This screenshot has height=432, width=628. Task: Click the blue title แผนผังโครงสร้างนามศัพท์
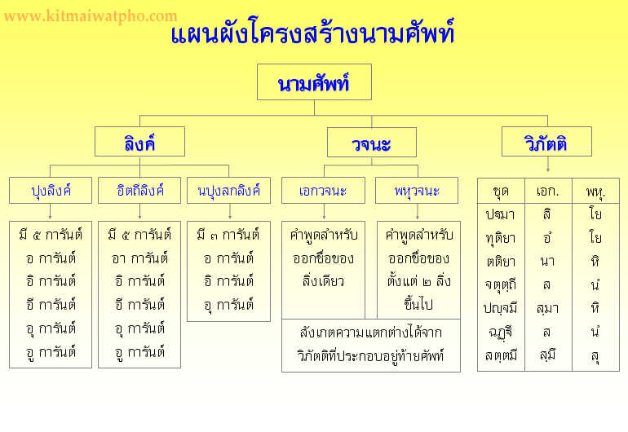(313, 32)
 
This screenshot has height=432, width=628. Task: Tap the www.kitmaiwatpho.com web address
(91, 16)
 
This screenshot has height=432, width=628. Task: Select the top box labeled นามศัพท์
(314, 82)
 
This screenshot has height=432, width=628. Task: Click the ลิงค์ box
(139, 142)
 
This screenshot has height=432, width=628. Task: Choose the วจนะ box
(372, 143)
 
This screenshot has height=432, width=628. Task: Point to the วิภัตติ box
(546, 142)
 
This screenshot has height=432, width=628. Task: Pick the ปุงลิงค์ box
(51, 191)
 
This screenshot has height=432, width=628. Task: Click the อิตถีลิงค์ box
(139, 191)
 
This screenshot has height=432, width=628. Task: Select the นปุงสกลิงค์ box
(228, 191)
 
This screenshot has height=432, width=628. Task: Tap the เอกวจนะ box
(323, 191)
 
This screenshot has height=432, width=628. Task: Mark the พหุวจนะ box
(417, 191)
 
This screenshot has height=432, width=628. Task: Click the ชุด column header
(501, 191)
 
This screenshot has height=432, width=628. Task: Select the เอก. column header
(548, 191)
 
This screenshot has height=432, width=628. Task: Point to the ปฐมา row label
(500, 214)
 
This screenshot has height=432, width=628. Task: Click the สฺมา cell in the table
(547, 309)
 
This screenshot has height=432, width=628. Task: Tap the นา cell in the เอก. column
(547, 262)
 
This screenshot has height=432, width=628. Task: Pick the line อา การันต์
(139, 258)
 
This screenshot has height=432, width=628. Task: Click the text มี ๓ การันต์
(228, 235)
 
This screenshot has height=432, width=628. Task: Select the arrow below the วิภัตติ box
(548, 164)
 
